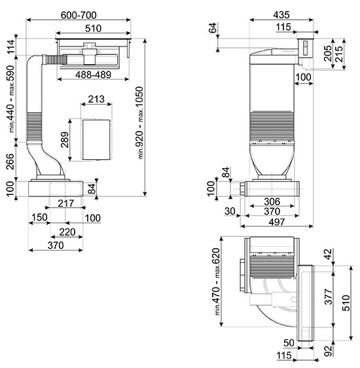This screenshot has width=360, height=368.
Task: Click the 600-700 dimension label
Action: click(79, 15)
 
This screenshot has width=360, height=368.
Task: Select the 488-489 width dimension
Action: click(93, 75)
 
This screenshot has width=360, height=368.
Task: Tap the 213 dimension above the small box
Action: click(96, 99)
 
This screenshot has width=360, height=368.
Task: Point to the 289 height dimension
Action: click(65, 139)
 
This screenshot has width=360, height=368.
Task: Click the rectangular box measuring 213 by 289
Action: click(96, 139)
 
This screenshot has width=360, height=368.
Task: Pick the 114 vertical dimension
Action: click(10, 47)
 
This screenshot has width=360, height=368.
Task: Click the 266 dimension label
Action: click(10, 162)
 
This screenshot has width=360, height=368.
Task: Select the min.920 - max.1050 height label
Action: click(140, 122)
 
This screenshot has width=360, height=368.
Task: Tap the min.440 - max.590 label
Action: click(10, 99)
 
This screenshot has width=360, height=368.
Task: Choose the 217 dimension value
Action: click(66, 203)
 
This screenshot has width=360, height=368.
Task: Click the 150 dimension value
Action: click(39, 217)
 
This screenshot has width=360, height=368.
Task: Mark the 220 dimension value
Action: click(67, 232)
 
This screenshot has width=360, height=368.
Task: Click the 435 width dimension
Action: click(281, 15)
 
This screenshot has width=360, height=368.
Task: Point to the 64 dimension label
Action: click(213, 28)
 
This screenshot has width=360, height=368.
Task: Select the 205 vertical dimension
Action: click(328, 53)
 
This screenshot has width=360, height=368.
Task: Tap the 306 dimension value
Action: click(272, 202)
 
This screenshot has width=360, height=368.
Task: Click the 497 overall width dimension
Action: click(277, 222)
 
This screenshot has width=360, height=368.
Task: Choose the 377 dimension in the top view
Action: click(329, 297)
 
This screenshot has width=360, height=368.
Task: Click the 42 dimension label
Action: click(329, 254)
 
